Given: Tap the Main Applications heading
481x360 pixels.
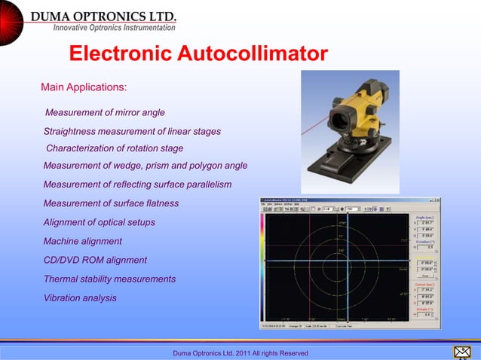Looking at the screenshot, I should click(84, 87).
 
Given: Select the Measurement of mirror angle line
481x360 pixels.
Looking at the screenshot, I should click(105, 113).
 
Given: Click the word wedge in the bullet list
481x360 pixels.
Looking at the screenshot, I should click(145, 166).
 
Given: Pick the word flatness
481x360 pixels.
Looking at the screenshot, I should click(158, 203).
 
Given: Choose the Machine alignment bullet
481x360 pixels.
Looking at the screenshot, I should click(82, 241).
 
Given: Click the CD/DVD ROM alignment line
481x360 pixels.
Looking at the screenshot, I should click(95, 260).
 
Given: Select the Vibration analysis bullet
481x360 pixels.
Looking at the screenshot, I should click(80, 297).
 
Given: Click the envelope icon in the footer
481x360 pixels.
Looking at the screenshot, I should click(461, 352).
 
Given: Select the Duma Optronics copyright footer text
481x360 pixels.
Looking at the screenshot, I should click(240, 353).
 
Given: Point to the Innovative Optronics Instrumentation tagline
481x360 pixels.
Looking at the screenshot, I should click(114, 28).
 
